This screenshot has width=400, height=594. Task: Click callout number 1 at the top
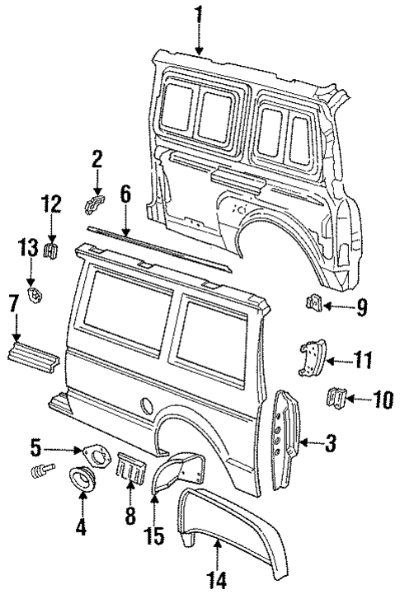point(198,14)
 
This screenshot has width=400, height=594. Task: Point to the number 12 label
point(51,203)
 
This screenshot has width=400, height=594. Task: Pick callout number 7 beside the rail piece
point(14,303)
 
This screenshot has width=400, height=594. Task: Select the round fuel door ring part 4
point(84,479)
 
